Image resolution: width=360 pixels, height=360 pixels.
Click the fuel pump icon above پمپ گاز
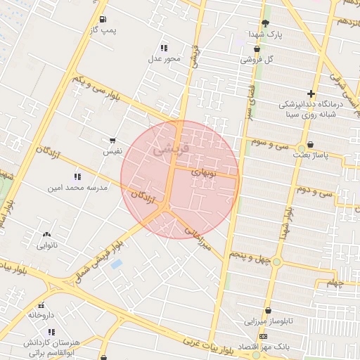pyautogui.click(x=103, y=19)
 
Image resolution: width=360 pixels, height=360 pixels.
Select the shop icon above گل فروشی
pyautogui.click(x=257, y=49)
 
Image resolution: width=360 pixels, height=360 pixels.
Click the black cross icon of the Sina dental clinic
pyautogui.click(x=311, y=94)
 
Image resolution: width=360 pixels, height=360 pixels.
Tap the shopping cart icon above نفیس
pyautogui.click(x=112, y=141)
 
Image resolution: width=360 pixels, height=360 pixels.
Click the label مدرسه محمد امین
pyautogui.click(x=77, y=188)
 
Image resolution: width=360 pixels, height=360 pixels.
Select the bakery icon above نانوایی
pyautogui.click(x=47, y=234)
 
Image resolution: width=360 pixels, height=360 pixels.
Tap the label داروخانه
pyautogui.click(x=41, y=315)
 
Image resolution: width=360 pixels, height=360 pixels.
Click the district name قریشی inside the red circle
pyautogui.click(x=171, y=149)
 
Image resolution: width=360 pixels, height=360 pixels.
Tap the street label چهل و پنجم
pyautogui.click(x=250, y=258)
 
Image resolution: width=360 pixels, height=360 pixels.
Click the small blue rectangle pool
pyautogui.click(x=116, y=264)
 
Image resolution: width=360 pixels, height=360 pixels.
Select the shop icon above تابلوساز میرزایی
pyautogui.click(x=268, y=310)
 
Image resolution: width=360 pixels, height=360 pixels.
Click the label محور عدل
pyautogui.click(x=164, y=58)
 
